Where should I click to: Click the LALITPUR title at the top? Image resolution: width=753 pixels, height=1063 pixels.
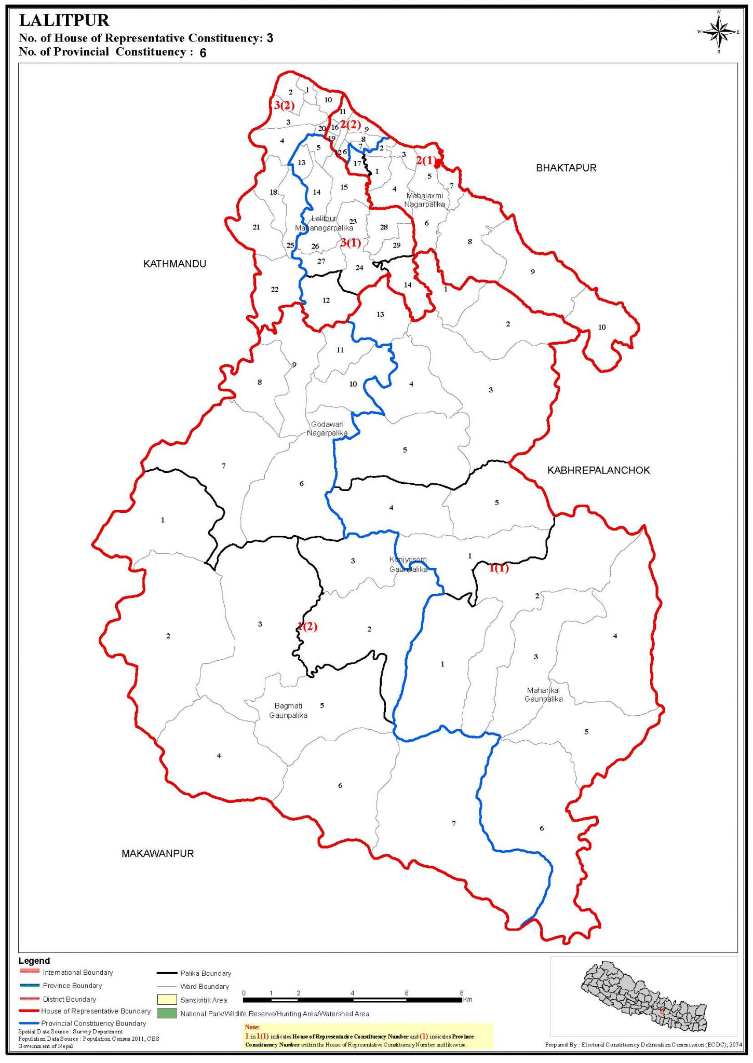[64, 21]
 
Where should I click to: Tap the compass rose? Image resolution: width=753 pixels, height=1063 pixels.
[718, 32]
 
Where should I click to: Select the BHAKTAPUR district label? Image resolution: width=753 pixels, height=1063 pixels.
[566, 168]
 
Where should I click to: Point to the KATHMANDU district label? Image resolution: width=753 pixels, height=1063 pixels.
[174, 264]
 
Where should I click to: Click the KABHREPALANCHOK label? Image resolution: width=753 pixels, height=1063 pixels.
[598, 470]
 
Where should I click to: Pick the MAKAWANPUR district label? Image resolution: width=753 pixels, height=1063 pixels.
[157, 853]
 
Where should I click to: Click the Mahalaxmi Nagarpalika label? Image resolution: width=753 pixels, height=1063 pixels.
[425, 200]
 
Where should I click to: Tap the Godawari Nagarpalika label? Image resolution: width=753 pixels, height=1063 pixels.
[327, 429]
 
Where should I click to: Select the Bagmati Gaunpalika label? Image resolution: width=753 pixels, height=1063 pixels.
[288, 711]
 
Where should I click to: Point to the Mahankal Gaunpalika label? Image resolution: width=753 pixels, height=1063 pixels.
[543, 694]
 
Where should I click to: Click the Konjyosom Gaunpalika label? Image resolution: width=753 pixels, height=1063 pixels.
[409, 564]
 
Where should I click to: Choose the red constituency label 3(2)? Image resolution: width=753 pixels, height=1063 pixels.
[284, 105]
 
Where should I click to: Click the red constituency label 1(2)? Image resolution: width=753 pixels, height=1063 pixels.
[307, 626]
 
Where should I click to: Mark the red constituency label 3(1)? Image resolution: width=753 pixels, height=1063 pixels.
[351, 242]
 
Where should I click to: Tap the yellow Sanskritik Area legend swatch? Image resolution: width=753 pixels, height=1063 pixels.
[167, 1000]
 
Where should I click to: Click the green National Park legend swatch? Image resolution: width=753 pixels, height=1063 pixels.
[167, 1013]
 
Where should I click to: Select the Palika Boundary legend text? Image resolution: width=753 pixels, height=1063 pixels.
[206, 973]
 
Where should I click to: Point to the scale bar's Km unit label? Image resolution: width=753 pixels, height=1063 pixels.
[467, 1000]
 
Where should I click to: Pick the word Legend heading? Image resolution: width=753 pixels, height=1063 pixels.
[34, 961]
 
